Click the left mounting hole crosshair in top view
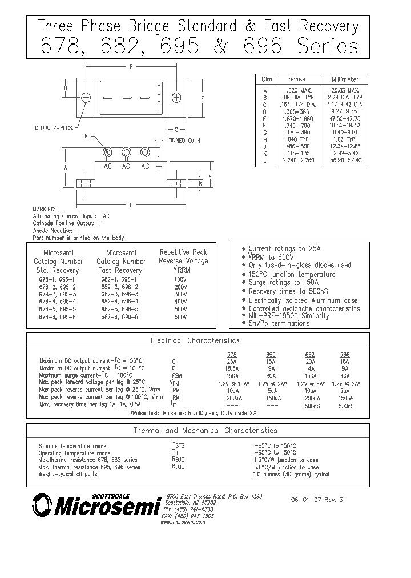(86, 97)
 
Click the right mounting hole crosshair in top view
(176, 97)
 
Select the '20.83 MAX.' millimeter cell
(345, 90)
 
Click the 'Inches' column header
(296, 79)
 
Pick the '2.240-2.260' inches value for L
(296, 162)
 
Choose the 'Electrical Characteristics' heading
(195, 340)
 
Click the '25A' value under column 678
(232, 362)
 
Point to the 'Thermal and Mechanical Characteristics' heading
(197, 430)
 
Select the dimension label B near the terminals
(86, 137)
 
